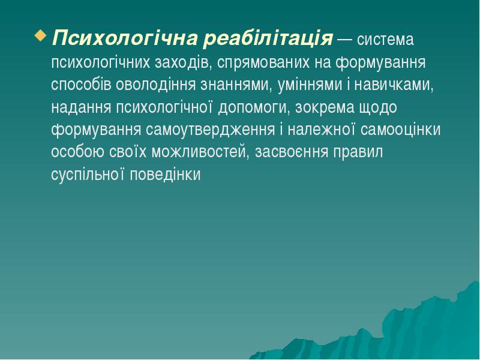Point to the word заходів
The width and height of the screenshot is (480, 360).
[182, 62]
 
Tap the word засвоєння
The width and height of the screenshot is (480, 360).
[292, 152]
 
